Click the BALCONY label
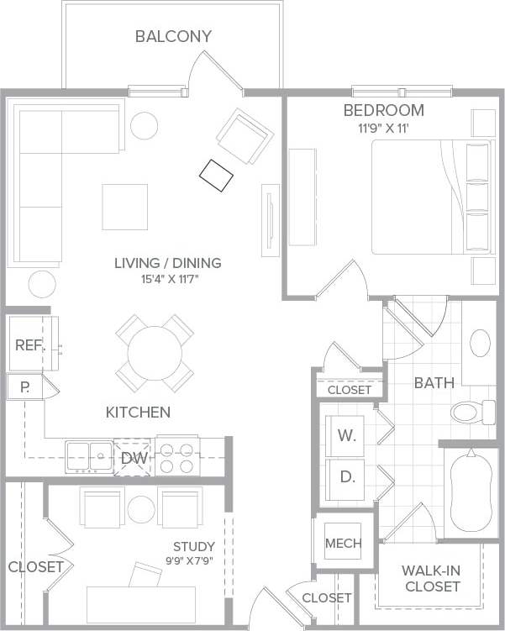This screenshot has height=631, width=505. [174, 36]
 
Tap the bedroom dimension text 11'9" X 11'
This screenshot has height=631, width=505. [383, 129]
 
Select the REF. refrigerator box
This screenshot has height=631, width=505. [30, 345]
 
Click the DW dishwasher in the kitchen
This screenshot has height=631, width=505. [133, 458]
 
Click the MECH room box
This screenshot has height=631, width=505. [343, 543]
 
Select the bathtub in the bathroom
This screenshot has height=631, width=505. [470, 491]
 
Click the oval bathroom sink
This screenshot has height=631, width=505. [480, 344]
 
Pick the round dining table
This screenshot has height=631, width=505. [154, 353]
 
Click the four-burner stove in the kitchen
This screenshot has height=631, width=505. [177, 458]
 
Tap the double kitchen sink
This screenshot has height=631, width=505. [89, 457]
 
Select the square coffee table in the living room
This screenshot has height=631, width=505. [125, 207]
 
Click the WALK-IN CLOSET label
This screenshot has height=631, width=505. [430, 578]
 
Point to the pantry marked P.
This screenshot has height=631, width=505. [25, 388]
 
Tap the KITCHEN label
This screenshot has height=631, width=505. [138, 413]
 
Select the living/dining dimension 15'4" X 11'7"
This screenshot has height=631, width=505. [168, 280]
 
